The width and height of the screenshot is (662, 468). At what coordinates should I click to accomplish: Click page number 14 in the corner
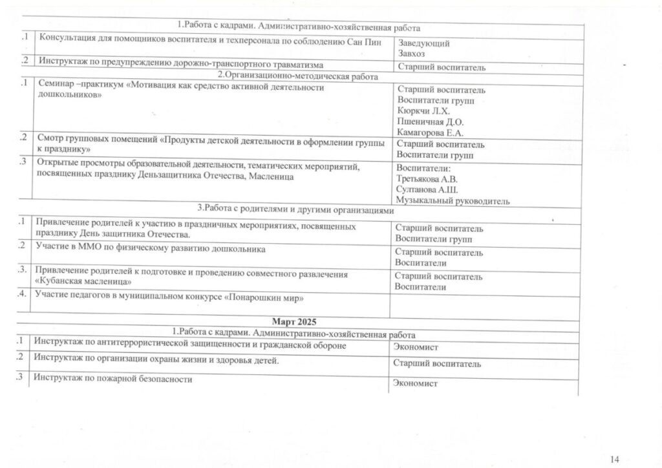(x=615, y=459)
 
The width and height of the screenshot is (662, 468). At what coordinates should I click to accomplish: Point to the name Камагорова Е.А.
(x=430, y=133)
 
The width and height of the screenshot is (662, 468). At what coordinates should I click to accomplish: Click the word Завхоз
(x=411, y=54)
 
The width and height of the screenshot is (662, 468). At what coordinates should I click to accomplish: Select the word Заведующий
(x=423, y=44)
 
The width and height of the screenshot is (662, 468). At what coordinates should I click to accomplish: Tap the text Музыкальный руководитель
(x=453, y=201)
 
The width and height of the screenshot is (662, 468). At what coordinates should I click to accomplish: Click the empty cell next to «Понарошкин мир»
(x=485, y=303)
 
